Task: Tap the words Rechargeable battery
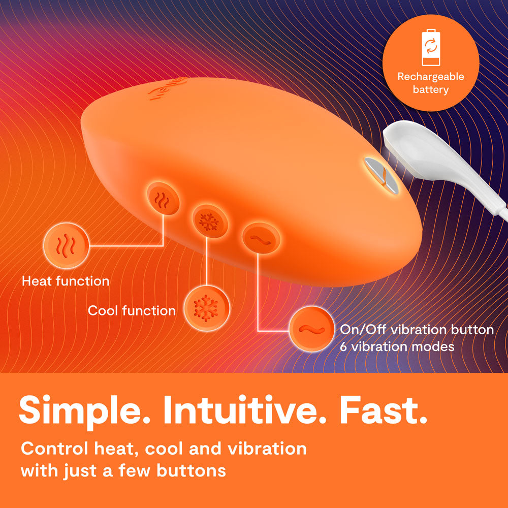coord(430,83)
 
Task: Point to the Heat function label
coord(66,281)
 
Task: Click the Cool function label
coord(132,310)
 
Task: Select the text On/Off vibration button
coord(417,330)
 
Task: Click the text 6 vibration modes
coord(397,347)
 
